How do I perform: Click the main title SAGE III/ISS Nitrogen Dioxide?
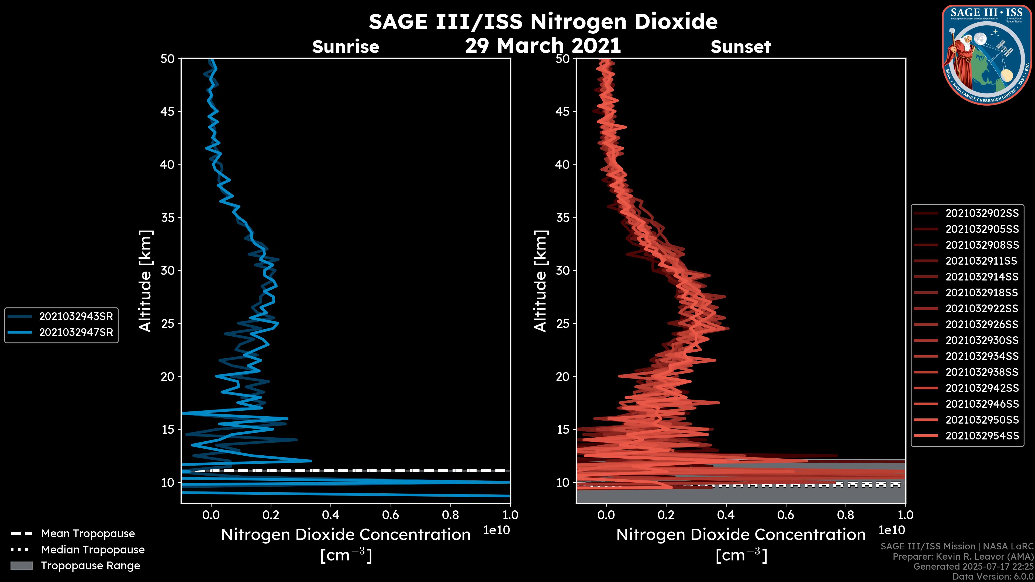543,22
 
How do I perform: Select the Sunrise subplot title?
346,47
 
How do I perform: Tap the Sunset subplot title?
740,47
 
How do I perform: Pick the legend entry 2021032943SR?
76,317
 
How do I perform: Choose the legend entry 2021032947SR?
76,332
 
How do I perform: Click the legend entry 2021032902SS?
982,213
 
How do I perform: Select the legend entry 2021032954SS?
982,436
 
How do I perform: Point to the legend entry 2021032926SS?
982,324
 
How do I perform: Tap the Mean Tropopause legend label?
88,534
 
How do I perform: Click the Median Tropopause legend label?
93,550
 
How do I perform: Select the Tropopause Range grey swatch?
22,566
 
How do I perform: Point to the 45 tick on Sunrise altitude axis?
168,112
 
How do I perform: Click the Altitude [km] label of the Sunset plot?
540,281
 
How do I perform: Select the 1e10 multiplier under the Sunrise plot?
496,531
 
